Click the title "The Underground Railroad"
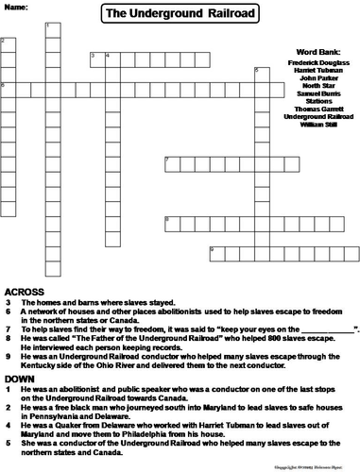coord(180,12)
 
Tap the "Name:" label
coord(16,6)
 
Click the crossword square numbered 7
coord(170,162)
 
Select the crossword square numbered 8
coord(170,222)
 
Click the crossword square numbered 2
coord(7,44)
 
